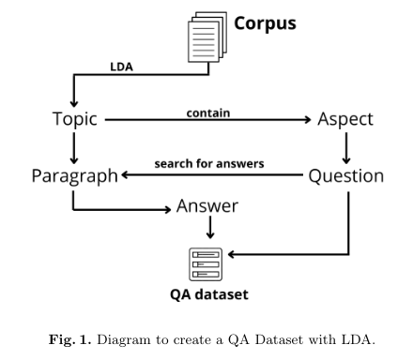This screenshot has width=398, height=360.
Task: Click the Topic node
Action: coord(75,120)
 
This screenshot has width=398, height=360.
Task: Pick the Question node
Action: coord(346,175)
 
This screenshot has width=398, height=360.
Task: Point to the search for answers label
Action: coord(208,164)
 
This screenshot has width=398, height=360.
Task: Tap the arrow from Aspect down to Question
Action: coord(345,147)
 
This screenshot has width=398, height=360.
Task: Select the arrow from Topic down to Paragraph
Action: coord(73,147)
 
